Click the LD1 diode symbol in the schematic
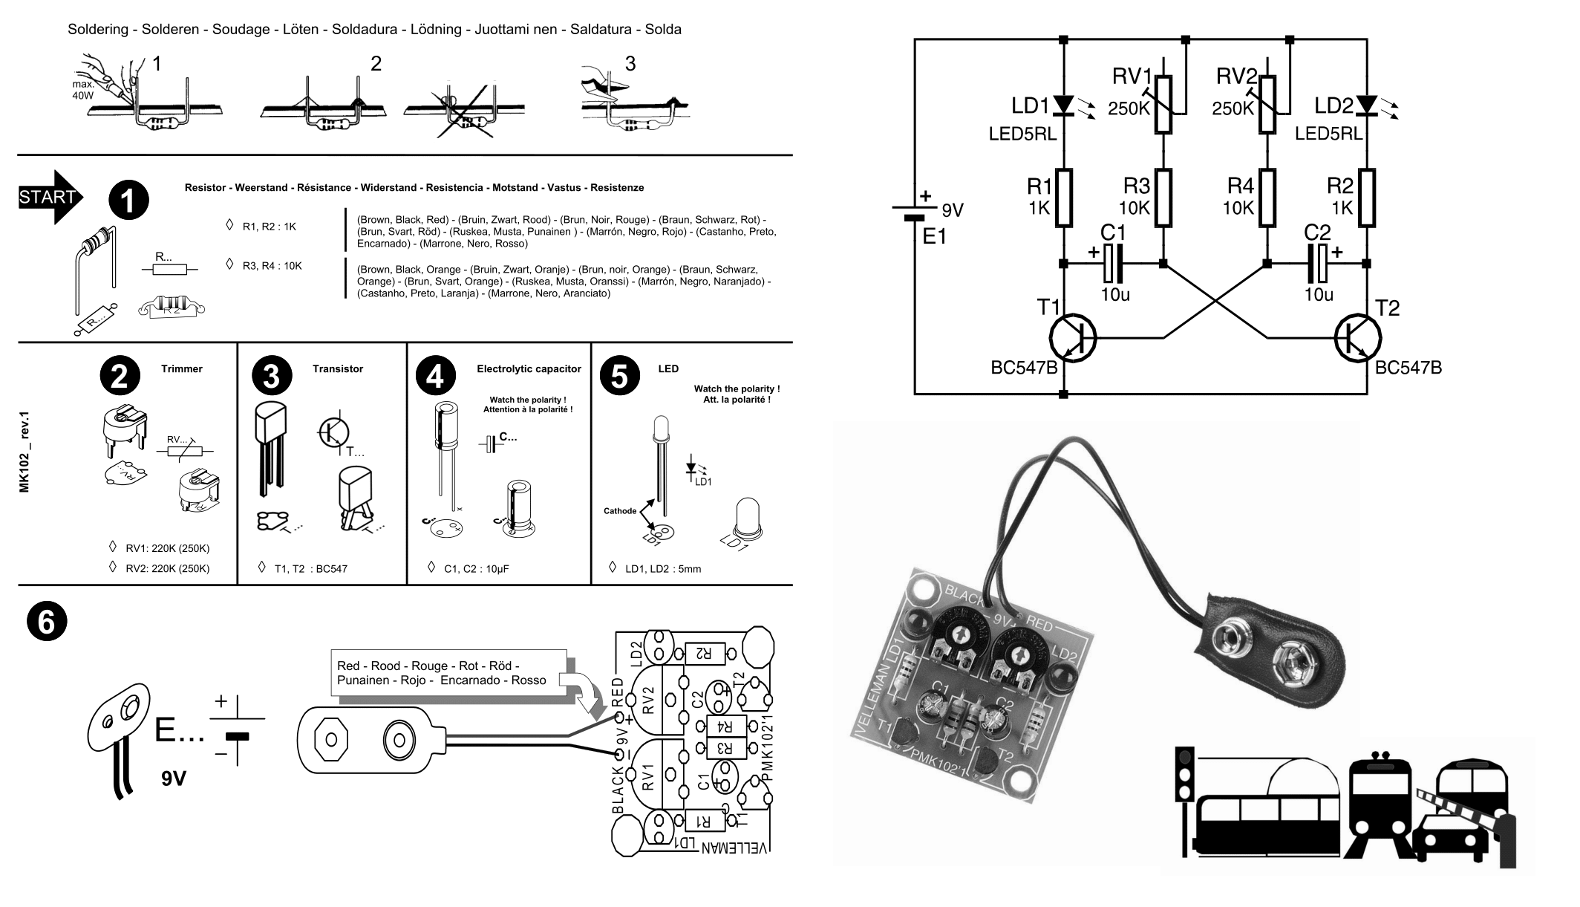pyautogui.click(x=1064, y=106)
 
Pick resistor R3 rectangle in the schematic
pyautogui.click(x=1163, y=198)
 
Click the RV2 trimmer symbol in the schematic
pyautogui.click(x=1267, y=106)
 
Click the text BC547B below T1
pyautogui.click(x=1024, y=368)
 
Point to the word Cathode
pyautogui.click(x=619, y=511)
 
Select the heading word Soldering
pyautogui.click(x=97, y=30)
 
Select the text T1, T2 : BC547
pyautogui.click(x=310, y=569)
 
